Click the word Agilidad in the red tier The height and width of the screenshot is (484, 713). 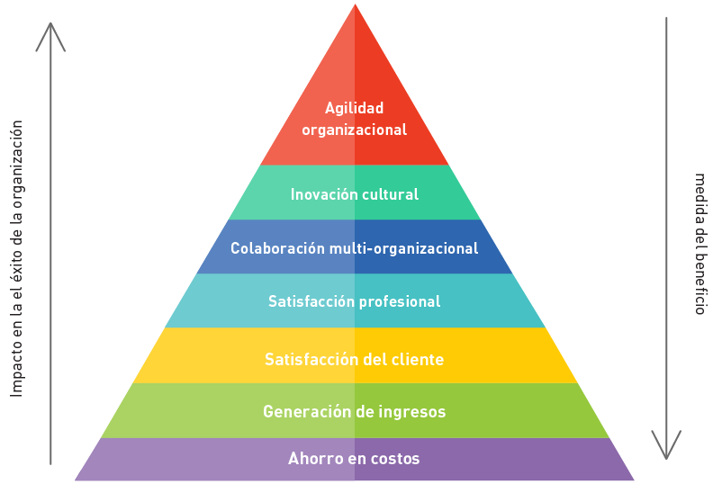pyautogui.click(x=354, y=108)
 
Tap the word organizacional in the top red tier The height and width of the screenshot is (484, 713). pyautogui.click(x=354, y=130)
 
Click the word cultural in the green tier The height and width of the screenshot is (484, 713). pyautogui.click(x=390, y=194)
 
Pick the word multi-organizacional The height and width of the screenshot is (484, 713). pyautogui.click(x=402, y=248)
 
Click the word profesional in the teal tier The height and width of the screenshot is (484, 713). pyautogui.click(x=400, y=301)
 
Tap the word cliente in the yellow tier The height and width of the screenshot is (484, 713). pyautogui.click(x=417, y=360)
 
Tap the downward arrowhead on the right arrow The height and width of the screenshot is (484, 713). pyautogui.click(x=666, y=450)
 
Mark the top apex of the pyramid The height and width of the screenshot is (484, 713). pyautogui.click(x=355, y=5)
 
